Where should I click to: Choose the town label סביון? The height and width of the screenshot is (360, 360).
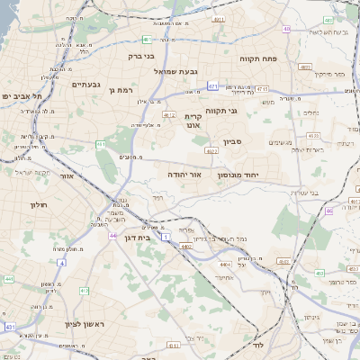tap(234, 141)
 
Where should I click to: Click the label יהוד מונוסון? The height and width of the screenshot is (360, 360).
tap(238, 175)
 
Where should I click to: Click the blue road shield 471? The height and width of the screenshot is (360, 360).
tap(212, 86)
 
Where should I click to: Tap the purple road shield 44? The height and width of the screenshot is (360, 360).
tap(113, 235)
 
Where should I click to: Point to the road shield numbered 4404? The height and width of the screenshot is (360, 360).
tap(186, 246)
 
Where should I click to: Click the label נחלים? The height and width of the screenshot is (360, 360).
tap(313, 112)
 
